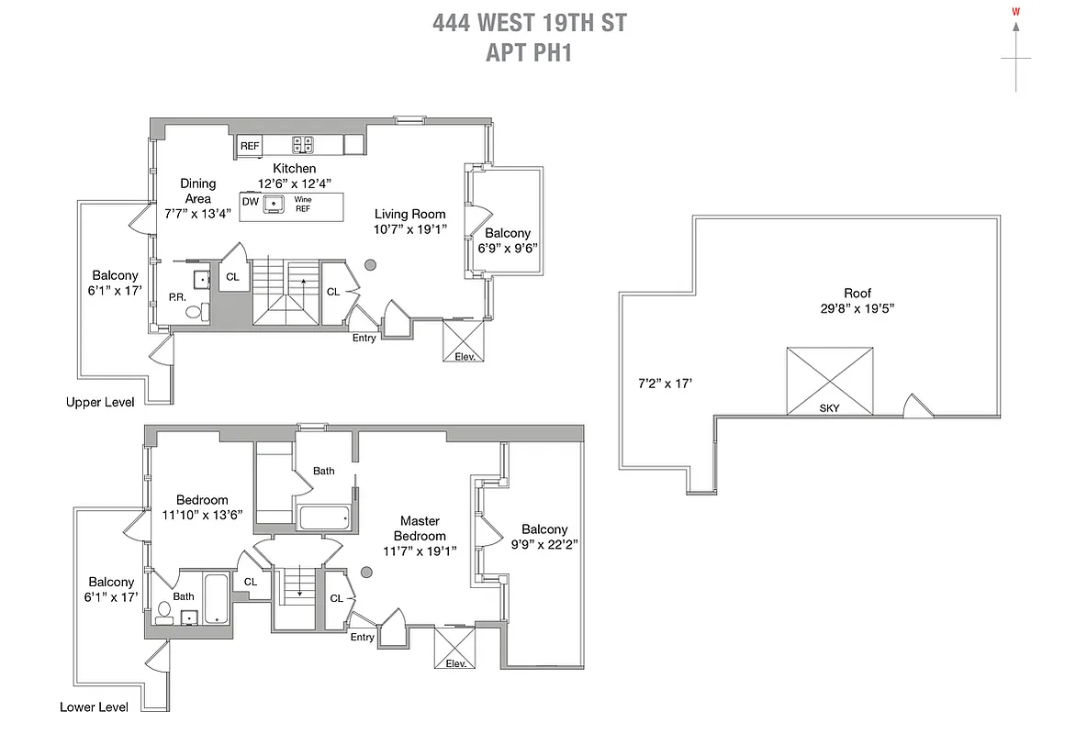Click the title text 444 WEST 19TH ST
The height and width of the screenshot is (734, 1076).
pos(530,23)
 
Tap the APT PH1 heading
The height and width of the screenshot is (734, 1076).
pos(529,52)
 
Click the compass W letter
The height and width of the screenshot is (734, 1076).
pos(1015,12)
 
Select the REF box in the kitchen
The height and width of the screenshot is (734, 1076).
pos(250,146)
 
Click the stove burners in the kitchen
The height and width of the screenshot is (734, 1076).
pos(302,144)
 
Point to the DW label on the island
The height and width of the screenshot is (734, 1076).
pos(250,201)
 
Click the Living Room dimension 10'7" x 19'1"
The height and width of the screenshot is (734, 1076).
pos(409,229)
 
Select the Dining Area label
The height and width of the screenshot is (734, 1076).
pos(197,191)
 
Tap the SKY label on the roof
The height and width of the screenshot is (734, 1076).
pos(829,407)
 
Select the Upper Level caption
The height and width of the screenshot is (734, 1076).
pos(100,402)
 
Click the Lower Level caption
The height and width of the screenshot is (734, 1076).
pos(95,706)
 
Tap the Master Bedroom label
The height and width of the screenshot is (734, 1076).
pos(420,528)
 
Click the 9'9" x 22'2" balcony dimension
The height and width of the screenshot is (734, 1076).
pos(544,544)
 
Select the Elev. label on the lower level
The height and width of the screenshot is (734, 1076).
pos(456,663)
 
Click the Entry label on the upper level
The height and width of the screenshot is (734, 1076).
pos(364,338)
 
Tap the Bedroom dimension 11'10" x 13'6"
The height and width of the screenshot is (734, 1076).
pos(202,515)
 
